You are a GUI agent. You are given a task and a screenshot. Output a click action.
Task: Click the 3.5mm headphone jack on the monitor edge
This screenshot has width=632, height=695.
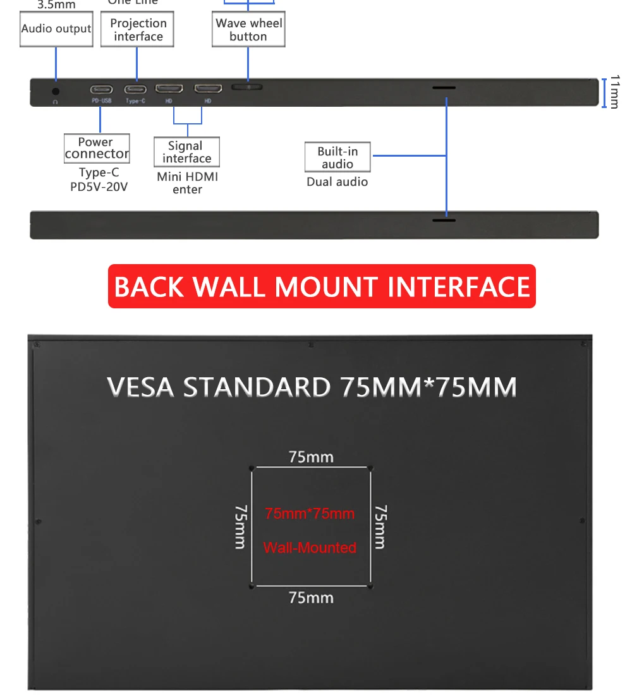click(56, 91)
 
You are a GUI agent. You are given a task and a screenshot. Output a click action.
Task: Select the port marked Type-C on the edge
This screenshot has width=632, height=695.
click(135, 89)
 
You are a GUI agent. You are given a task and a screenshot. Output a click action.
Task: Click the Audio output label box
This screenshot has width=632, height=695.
click(56, 29)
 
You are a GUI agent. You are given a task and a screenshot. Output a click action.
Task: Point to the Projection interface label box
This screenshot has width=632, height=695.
click(137, 30)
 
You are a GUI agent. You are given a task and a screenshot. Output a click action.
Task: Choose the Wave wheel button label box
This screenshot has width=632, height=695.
click(248, 30)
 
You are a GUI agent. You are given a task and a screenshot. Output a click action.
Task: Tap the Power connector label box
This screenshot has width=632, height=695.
click(97, 148)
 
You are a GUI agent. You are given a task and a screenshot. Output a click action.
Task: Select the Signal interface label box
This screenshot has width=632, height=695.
click(186, 152)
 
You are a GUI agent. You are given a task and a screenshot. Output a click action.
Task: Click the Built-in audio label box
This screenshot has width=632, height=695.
click(337, 158)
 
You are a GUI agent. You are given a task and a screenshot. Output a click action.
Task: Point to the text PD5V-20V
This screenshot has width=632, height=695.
click(99, 187)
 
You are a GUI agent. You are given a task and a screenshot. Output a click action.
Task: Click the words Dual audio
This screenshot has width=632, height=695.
click(337, 182)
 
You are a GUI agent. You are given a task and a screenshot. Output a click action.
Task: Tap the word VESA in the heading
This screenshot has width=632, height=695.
click(140, 387)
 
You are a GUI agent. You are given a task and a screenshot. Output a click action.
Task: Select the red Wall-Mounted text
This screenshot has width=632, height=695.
click(310, 548)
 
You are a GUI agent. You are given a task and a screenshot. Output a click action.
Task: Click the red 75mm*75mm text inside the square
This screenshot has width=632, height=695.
click(310, 514)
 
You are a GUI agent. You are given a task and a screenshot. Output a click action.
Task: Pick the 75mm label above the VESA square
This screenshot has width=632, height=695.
click(311, 457)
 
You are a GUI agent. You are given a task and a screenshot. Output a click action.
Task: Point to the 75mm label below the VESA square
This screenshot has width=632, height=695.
click(311, 597)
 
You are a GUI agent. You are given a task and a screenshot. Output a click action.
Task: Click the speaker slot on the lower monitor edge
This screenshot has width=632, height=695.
click(444, 221)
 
